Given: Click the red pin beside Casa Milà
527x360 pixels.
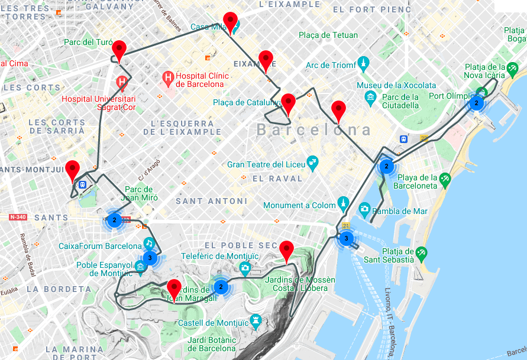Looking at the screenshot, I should [230, 20].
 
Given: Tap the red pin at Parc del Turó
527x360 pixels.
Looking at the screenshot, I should [119, 49].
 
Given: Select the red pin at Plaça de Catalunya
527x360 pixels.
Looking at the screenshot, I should [288, 102].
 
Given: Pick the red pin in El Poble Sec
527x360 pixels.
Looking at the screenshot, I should [287, 250].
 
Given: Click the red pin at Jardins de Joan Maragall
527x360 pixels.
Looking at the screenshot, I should [174, 288].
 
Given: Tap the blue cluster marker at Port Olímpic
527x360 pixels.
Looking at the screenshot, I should [475, 103].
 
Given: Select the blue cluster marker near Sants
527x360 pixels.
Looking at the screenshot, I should [115, 220].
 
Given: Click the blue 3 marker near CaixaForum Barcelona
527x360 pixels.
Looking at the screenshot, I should [150, 258].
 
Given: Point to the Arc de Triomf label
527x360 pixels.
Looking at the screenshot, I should [331, 64].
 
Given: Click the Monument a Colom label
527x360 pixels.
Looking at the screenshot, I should [299, 206].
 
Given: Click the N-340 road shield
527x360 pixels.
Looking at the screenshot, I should [18, 218].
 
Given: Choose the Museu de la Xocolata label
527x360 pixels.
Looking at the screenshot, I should [396, 86].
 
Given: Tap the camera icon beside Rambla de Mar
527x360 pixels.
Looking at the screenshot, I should [364, 208].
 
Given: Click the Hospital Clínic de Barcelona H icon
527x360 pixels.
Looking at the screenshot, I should [169, 77].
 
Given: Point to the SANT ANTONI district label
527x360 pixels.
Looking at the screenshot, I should [211, 202].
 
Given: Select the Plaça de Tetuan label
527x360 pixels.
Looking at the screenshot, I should [328, 35].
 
